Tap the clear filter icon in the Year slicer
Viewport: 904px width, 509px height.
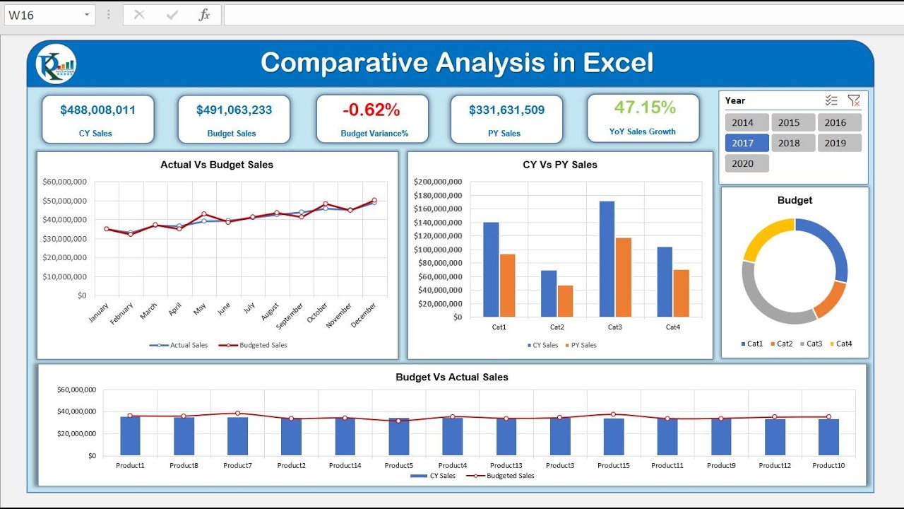pos(853,101)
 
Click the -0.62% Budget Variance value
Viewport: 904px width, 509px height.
pos(371,110)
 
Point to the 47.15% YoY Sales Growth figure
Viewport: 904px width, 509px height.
pos(644,107)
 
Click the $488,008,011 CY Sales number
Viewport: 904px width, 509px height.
pos(97,110)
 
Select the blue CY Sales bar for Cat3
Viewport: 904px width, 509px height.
pos(607,259)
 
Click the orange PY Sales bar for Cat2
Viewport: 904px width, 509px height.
pos(565,300)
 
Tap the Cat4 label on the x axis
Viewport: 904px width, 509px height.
pos(672,327)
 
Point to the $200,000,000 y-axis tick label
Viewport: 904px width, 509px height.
pos(438,182)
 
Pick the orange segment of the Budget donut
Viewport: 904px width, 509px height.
pos(831,299)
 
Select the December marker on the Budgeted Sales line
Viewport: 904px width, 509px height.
pos(374,200)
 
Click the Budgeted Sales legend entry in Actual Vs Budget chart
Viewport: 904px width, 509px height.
pos(257,345)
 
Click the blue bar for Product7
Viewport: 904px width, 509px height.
pos(237,436)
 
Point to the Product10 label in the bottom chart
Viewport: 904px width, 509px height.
pos(828,465)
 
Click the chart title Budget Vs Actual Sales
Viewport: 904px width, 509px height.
pos(451,378)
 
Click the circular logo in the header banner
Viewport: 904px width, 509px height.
pos(56,64)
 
